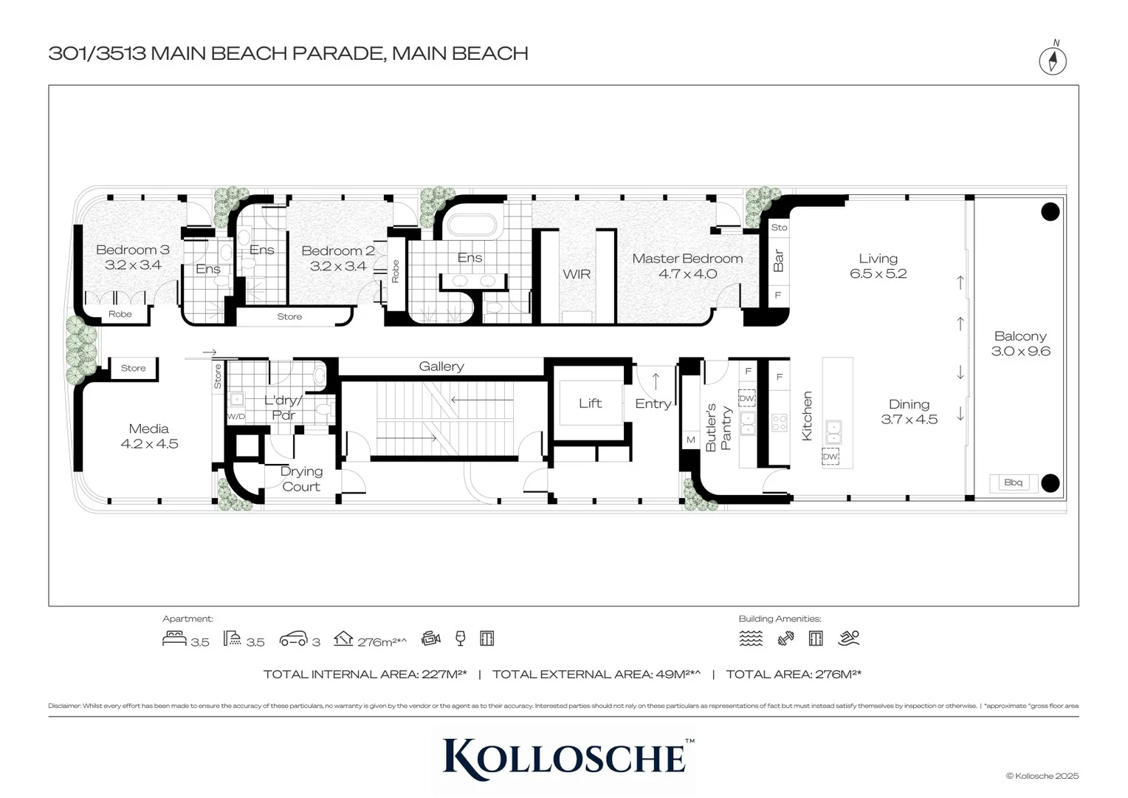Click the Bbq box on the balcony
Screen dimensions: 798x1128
click(1013, 482)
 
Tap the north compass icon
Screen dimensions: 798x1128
click(1053, 60)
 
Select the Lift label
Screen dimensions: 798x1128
click(590, 403)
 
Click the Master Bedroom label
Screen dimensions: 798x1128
click(687, 259)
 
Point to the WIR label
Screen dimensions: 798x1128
click(577, 274)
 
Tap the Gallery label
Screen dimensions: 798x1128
click(441, 366)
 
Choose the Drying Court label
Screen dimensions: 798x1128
click(301, 479)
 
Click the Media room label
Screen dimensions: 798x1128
click(149, 429)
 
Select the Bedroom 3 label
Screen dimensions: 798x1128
click(133, 250)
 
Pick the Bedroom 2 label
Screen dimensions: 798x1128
click(338, 250)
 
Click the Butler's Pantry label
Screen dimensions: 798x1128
click(718, 427)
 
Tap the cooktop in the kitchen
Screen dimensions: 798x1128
click(779, 423)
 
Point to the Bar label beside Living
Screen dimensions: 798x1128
click(778, 260)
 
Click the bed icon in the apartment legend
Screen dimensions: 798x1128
click(174, 638)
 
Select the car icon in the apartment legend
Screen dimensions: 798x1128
click(293, 639)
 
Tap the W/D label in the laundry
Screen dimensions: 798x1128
click(235, 417)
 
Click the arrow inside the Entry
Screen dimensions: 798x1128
click(656, 381)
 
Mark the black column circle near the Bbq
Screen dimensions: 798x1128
click(1050, 483)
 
